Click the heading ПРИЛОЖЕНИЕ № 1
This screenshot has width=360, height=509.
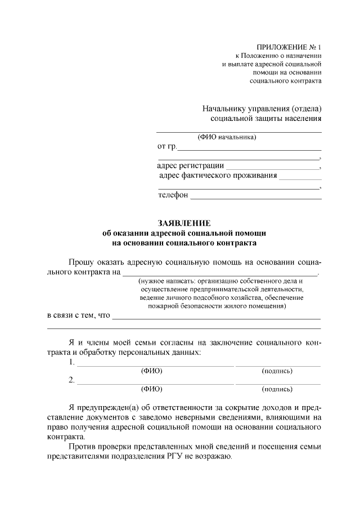[289, 47]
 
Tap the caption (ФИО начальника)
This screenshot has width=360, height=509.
[227, 137]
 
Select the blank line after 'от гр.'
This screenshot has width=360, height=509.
[249, 150]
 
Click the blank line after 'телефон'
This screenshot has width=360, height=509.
[256, 199]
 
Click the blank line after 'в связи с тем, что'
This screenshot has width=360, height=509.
[217, 318]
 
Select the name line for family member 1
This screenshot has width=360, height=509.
[155, 366]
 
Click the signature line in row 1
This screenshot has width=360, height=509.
[277, 366]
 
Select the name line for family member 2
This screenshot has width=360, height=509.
[155, 384]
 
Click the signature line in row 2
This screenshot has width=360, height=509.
[277, 384]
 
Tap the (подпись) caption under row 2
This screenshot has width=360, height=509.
[277, 389]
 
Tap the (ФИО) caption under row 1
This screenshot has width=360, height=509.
[151, 371]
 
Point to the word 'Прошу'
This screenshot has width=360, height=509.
[80, 262]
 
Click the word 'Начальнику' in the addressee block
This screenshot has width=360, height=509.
[225, 109]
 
